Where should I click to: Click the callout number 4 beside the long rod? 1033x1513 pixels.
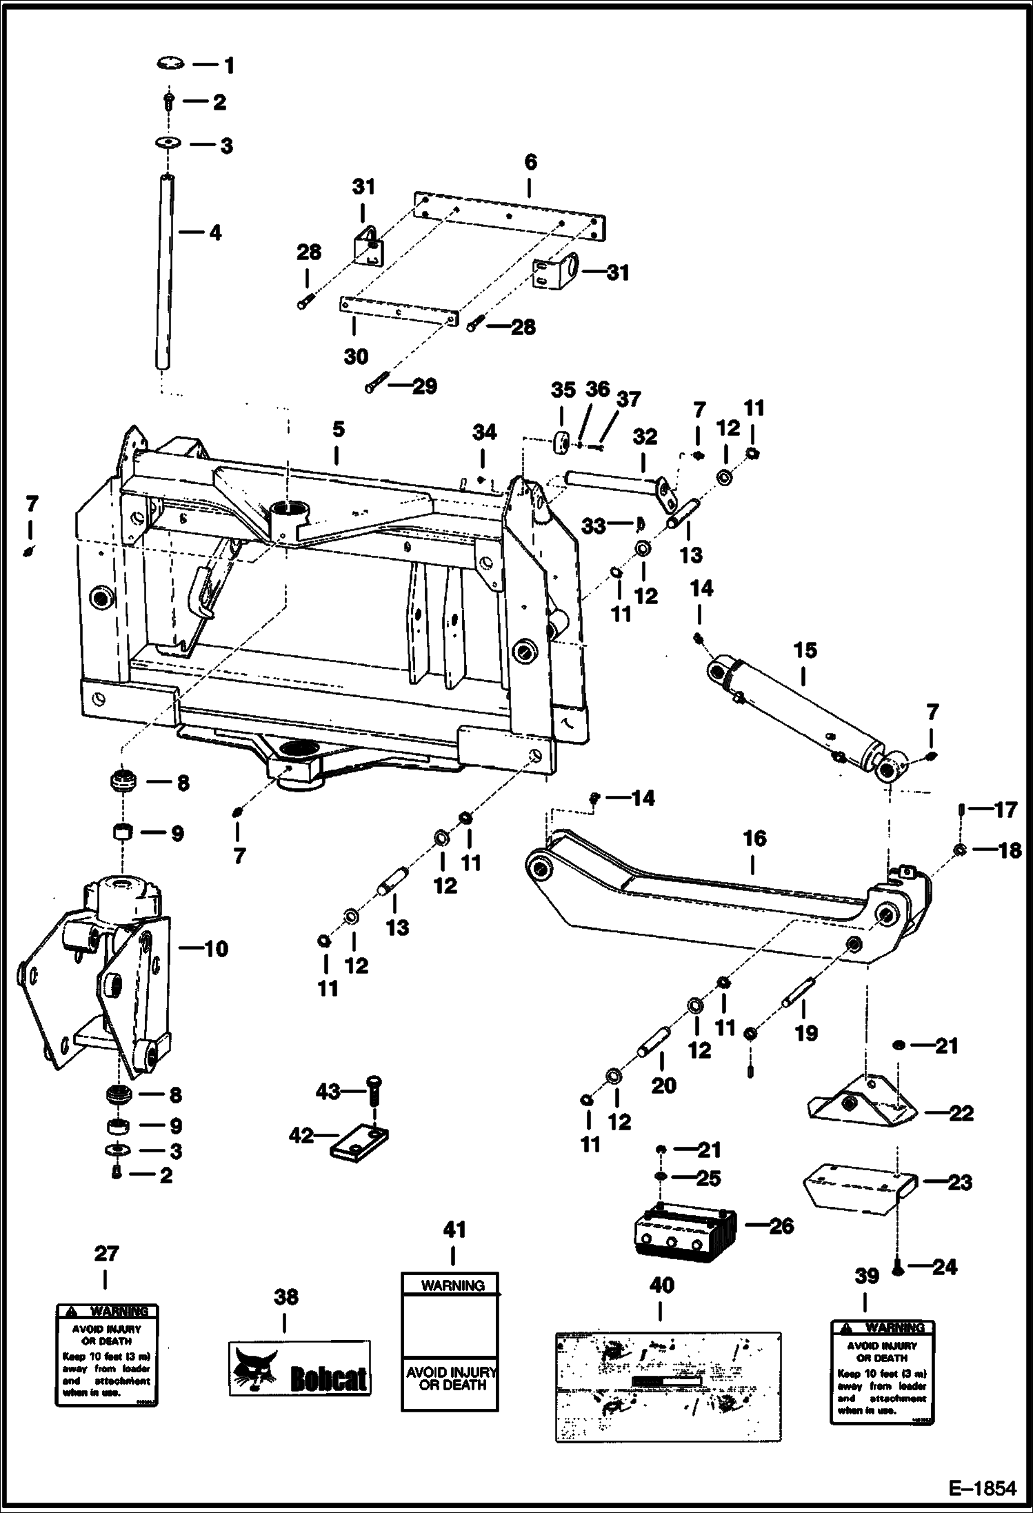coord(215,233)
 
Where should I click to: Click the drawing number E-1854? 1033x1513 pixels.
coord(982,1488)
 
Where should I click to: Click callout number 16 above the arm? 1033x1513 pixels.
coord(754,839)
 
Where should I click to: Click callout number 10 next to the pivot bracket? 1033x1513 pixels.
coord(216,949)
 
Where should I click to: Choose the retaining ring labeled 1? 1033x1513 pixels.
coord(170,63)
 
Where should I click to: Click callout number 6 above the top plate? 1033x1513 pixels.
coord(530,163)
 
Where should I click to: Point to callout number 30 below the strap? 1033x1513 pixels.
coord(356,357)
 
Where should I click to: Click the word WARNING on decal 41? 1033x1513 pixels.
coord(452,1285)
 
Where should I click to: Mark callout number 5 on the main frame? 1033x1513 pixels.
coord(338,429)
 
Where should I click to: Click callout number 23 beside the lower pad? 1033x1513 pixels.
coord(960,1182)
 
